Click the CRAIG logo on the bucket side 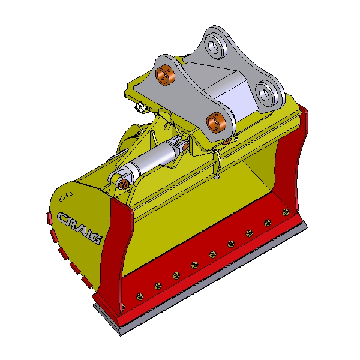pos(79,228)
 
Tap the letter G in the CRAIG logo pos(95,238)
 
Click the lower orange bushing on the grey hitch pos(216,122)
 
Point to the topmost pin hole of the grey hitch pos(214,46)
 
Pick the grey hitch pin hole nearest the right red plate pos(265,93)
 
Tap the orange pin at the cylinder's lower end pos(124,183)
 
